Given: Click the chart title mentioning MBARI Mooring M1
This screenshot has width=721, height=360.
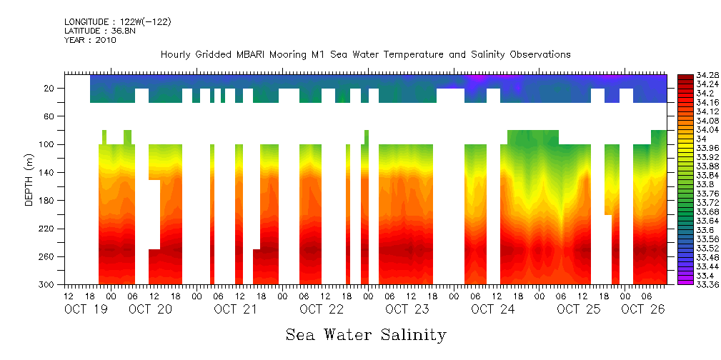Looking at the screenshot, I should (x=365, y=54).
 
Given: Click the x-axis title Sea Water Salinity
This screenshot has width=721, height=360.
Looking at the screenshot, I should (x=366, y=334).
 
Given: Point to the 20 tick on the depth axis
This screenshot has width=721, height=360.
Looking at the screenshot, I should (x=49, y=88).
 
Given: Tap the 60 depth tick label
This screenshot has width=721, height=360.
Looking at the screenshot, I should (x=49, y=116).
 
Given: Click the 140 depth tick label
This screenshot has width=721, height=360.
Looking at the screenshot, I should (x=47, y=172).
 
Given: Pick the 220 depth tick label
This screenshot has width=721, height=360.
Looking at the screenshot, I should (x=47, y=229).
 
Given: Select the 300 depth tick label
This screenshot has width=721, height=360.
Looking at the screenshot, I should (x=47, y=284).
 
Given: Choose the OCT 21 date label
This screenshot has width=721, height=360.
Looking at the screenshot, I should (x=237, y=309).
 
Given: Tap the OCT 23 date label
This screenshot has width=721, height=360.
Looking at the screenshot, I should (x=407, y=309).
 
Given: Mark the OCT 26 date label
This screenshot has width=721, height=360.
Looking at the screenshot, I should (x=643, y=309).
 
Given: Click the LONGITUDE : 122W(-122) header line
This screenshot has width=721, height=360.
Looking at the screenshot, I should (x=117, y=22).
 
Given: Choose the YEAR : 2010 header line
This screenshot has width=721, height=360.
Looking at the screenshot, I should (x=90, y=40).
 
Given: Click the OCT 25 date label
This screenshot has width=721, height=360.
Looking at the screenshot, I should (x=579, y=309).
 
